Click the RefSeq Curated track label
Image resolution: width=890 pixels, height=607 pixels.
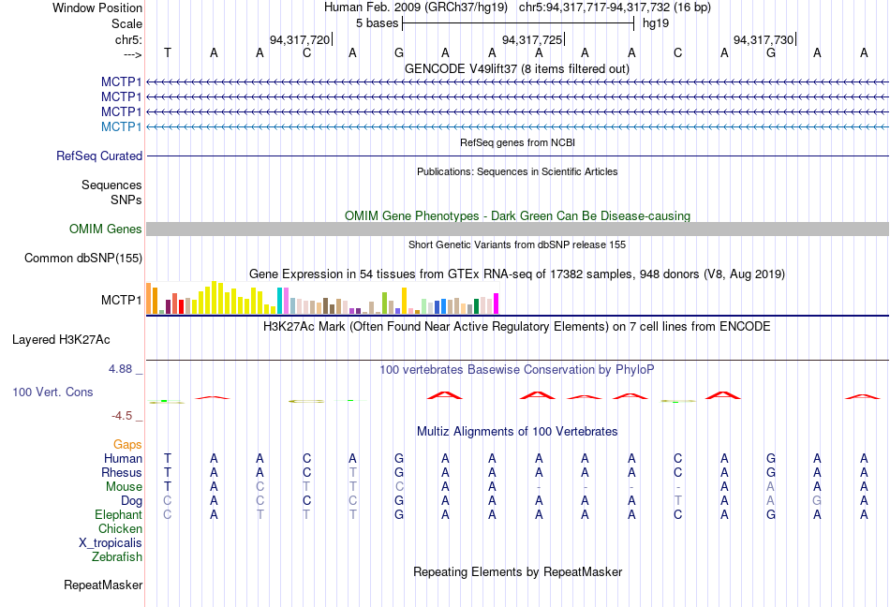pos(99,156)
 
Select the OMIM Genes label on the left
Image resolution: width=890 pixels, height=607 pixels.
pos(106,229)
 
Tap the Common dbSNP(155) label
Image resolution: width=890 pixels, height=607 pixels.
pos(83,259)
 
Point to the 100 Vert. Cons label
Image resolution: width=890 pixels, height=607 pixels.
pos(52,392)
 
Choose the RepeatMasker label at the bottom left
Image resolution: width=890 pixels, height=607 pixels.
pos(103,585)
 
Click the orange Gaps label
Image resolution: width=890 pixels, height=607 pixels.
pos(127,444)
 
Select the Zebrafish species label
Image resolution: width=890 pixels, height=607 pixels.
pos(117,557)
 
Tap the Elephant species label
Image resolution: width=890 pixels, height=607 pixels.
pos(118,515)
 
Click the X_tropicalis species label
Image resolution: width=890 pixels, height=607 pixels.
pos(111,543)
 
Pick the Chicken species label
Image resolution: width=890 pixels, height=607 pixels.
pos(120,529)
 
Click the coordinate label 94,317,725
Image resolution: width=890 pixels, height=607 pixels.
pos(532,40)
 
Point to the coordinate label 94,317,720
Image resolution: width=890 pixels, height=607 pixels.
pos(299,40)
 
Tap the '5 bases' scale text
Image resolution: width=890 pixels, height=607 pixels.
pos(376,23)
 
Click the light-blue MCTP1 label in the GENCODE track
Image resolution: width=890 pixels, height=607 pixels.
pos(122,126)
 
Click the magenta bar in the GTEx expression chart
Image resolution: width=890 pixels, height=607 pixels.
pos(496,303)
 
